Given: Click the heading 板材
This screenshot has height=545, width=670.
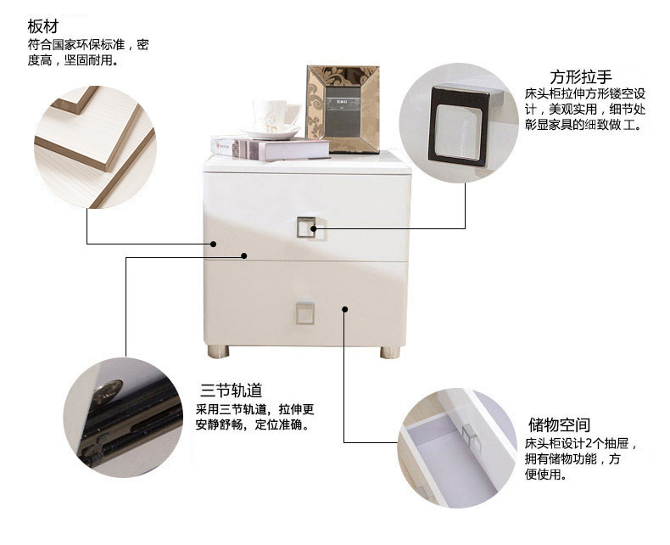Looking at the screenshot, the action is pos(42,26).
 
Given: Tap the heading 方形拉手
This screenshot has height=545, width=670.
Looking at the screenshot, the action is pos(581,77).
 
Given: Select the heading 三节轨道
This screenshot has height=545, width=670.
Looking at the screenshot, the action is pos(232,390).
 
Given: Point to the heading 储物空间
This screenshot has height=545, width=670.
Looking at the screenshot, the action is pos(560,424).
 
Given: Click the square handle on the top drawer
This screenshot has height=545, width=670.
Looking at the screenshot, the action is pos(306,228).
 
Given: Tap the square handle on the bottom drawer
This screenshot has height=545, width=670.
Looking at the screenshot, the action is pos(305,313).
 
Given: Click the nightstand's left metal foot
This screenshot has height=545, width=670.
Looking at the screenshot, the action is pos(218,351).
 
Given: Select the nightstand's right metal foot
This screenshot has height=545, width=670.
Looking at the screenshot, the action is pos(390,352).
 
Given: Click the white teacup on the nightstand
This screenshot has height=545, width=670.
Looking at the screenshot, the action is pos(273,114).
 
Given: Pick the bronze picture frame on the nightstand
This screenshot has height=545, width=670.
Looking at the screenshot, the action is pos(343,110).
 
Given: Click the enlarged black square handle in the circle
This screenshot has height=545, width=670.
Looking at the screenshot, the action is pos(460,126).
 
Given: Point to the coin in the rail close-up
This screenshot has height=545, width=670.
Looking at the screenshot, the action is pos(108,391).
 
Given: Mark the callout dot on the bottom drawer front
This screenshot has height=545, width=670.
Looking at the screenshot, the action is pos(345,309).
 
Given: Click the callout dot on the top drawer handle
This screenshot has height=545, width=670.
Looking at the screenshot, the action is pos(313,228).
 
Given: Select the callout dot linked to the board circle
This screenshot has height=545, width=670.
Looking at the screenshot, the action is pos(213,244).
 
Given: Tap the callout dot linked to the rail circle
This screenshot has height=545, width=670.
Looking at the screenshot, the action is pos(244,256).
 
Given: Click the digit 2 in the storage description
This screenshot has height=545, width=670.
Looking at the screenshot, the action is pos(588,443).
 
